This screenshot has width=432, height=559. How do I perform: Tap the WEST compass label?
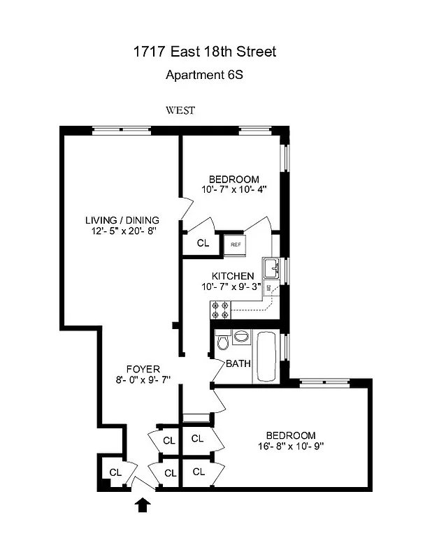pyautogui.click(x=180, y=110)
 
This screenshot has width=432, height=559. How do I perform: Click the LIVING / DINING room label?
pyautogui.click(x=122, y=220)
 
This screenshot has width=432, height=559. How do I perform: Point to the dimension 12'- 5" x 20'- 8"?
pyautogui.click(x=122, y=231)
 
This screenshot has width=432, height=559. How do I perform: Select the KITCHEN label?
pyautogui.click(x=233, y=276)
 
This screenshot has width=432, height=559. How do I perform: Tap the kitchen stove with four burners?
pyautogui.click(x=219, y=307)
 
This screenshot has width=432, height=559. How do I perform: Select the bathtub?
pyautogui.click(x=266, y=356)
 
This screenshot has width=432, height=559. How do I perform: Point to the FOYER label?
pyautogui.click(x=143, y=369)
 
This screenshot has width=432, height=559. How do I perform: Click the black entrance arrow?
pyautogui.click(x=143, y=504)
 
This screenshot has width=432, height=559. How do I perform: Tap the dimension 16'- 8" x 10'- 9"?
pyautogui.click(x=289, y=446)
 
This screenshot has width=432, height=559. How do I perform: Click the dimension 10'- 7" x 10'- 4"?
pyautogui.click(x=233, y=189)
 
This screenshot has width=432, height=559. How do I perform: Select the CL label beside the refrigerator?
pyautogui.click(x=203, y=244)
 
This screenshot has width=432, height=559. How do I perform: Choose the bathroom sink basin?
pyautogui.click(x=241, y=336)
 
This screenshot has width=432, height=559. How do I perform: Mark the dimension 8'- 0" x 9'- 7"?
pyautogui.click(x=143, y=379)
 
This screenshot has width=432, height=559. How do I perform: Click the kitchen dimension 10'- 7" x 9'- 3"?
pyautogui.click(x=233, y=286)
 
